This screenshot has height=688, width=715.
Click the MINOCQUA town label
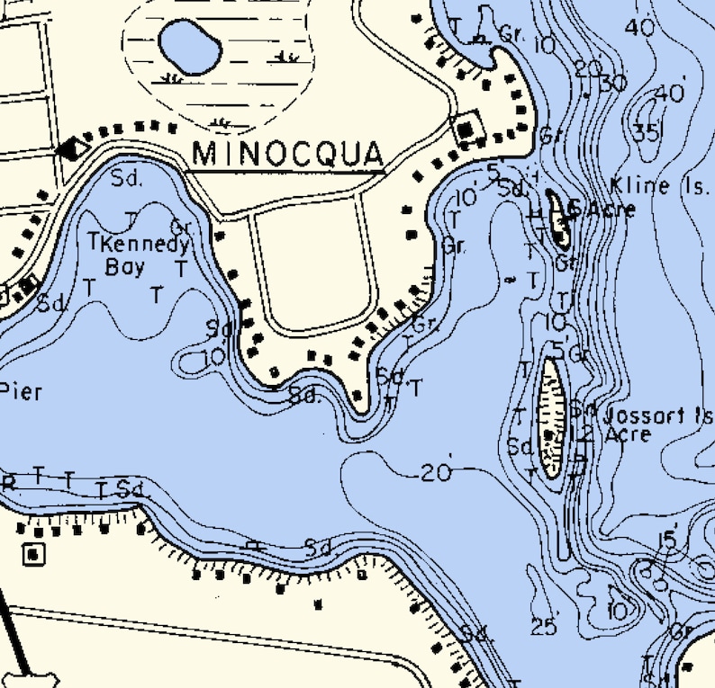[x=288, y=153]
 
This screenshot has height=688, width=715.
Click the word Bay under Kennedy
[x=125, y=266]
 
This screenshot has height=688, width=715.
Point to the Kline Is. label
[x=653, y=186]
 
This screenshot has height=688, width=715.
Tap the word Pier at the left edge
[x=17, y=391]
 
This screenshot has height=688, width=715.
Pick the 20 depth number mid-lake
[x=436, y=472]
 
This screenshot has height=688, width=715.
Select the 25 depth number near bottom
[x=544, y=626]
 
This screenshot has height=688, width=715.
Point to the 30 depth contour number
[x=611, y=83]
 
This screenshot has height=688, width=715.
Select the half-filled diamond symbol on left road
[x=72, y=149]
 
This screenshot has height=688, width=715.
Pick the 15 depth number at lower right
[x=666, y=540]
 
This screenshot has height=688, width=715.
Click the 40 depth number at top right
[x=641, y=27]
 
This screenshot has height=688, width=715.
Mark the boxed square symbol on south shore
[x=34, y=553]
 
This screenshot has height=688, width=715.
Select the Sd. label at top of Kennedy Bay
[x=127, y=177]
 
